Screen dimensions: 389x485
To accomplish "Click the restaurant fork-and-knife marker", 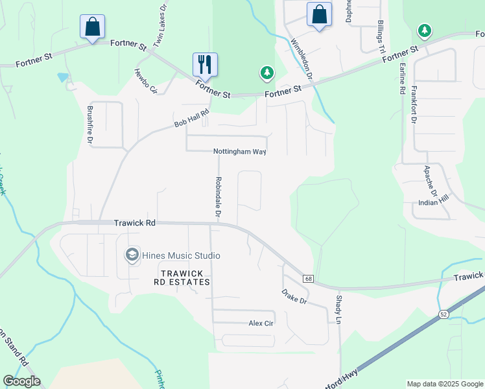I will point(205,64).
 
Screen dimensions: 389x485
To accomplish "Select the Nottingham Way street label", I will point(240,152).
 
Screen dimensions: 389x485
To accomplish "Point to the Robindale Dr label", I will point(219,196).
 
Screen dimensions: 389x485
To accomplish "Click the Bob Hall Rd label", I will point(192,118).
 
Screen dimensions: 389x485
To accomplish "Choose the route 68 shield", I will point(308,279).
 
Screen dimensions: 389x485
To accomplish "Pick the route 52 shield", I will point(444,314).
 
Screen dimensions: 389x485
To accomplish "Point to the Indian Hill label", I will point(434,203).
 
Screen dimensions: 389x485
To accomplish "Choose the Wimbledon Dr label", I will point(302,59).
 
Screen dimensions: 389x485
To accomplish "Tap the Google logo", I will point(21,381).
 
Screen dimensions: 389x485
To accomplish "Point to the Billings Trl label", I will point(381,37).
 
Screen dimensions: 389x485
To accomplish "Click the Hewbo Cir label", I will point(146,81).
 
